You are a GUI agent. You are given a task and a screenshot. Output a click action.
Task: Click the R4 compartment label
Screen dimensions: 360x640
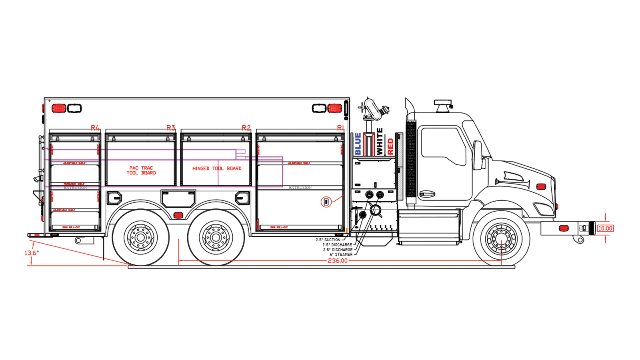tap(95, 128)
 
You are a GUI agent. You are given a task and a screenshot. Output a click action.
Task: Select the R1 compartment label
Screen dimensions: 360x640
tap(340, 128)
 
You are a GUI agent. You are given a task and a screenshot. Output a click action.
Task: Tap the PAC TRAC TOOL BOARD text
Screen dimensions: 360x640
tap(141, 170)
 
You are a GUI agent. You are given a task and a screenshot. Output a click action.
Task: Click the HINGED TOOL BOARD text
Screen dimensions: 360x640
tap(217, 168)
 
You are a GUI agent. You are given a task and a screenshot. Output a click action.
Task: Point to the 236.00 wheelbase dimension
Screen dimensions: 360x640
tap(338, 261)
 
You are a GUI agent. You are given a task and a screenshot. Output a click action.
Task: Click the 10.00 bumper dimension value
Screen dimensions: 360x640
tap(605, 228)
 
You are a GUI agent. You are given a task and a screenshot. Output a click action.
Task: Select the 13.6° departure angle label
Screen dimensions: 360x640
tap(32, 253)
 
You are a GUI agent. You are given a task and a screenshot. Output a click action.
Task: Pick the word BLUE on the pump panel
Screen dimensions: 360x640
tap(358, 144)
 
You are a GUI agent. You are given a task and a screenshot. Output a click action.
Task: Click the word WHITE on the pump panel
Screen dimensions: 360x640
tap(380, 142)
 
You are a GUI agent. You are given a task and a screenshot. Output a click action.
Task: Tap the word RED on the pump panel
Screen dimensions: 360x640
tap(390, 146)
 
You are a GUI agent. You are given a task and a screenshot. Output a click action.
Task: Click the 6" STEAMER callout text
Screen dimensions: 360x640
tap(341, 254)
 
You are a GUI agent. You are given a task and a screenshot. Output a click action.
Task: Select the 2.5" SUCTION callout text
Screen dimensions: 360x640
tap(328, 240)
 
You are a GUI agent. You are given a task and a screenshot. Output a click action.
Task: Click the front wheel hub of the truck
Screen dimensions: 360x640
tap(501, 239)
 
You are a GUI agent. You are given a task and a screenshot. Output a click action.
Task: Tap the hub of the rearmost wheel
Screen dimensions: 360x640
tap(140, 238)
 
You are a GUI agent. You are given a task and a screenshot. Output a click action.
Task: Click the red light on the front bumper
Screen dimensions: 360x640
tap(564, 228)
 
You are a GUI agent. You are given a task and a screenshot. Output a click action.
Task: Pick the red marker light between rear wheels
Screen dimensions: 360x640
tap(178, 215)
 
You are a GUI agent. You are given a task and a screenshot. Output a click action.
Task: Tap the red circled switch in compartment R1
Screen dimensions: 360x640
tap(326, 202)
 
